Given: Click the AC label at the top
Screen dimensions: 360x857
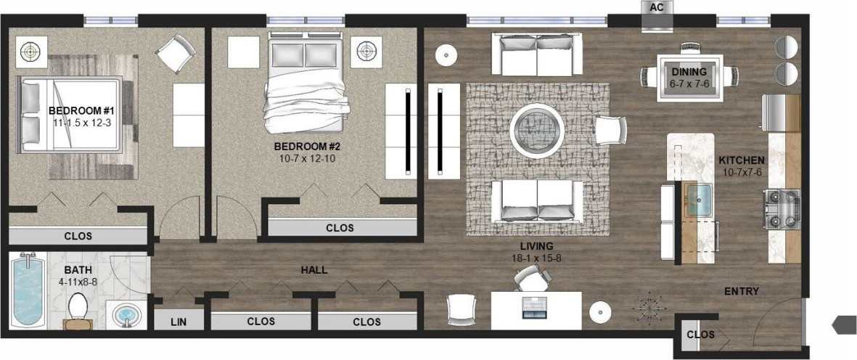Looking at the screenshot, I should pos(657,7).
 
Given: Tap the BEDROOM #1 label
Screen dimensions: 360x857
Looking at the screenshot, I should pos(82,110).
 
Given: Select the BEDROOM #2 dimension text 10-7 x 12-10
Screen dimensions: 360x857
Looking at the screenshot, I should pos(307,157).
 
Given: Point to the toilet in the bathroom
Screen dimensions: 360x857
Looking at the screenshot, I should pos(78,309).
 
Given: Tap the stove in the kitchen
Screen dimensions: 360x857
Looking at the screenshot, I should pos(781,208).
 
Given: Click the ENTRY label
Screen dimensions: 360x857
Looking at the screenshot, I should pos(742,291).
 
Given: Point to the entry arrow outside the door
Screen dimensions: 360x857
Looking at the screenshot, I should pos(845,324).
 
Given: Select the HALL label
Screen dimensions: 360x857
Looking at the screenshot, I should pos(313,270).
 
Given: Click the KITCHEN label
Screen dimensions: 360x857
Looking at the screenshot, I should pos(741,160).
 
